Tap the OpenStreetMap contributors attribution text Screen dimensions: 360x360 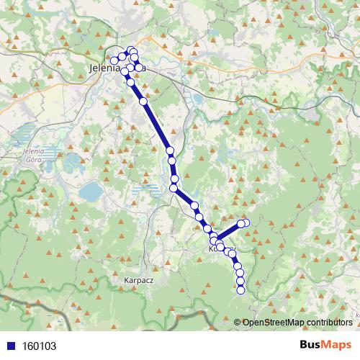(x=297, y=323)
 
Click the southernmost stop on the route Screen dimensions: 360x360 (x=240, y=289)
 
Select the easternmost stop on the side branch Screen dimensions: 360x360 (x=246, y=223)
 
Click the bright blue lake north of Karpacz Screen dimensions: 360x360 (x=91, y=191)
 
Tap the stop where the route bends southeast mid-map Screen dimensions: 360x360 (x=174, y=189)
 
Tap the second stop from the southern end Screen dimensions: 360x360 (x=240, y=281)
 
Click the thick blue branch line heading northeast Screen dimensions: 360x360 (x=228, y=232)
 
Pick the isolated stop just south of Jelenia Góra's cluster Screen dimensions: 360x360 (x=143, y=102)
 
